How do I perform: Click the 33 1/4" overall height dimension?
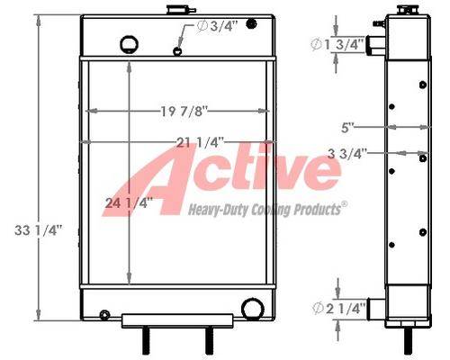tap(38, 230)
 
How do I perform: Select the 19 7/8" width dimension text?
tap(184, 112)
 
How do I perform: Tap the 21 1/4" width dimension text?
tap(200, 142)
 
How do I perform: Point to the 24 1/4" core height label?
tap(129, 203)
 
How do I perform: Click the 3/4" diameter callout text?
tap(217, 26)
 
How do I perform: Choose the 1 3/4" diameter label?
tap(338, 45)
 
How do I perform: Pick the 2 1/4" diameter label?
tap(339, 308)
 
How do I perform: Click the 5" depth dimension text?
tap(347, 128)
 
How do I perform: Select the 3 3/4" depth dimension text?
tap(347, 154)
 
